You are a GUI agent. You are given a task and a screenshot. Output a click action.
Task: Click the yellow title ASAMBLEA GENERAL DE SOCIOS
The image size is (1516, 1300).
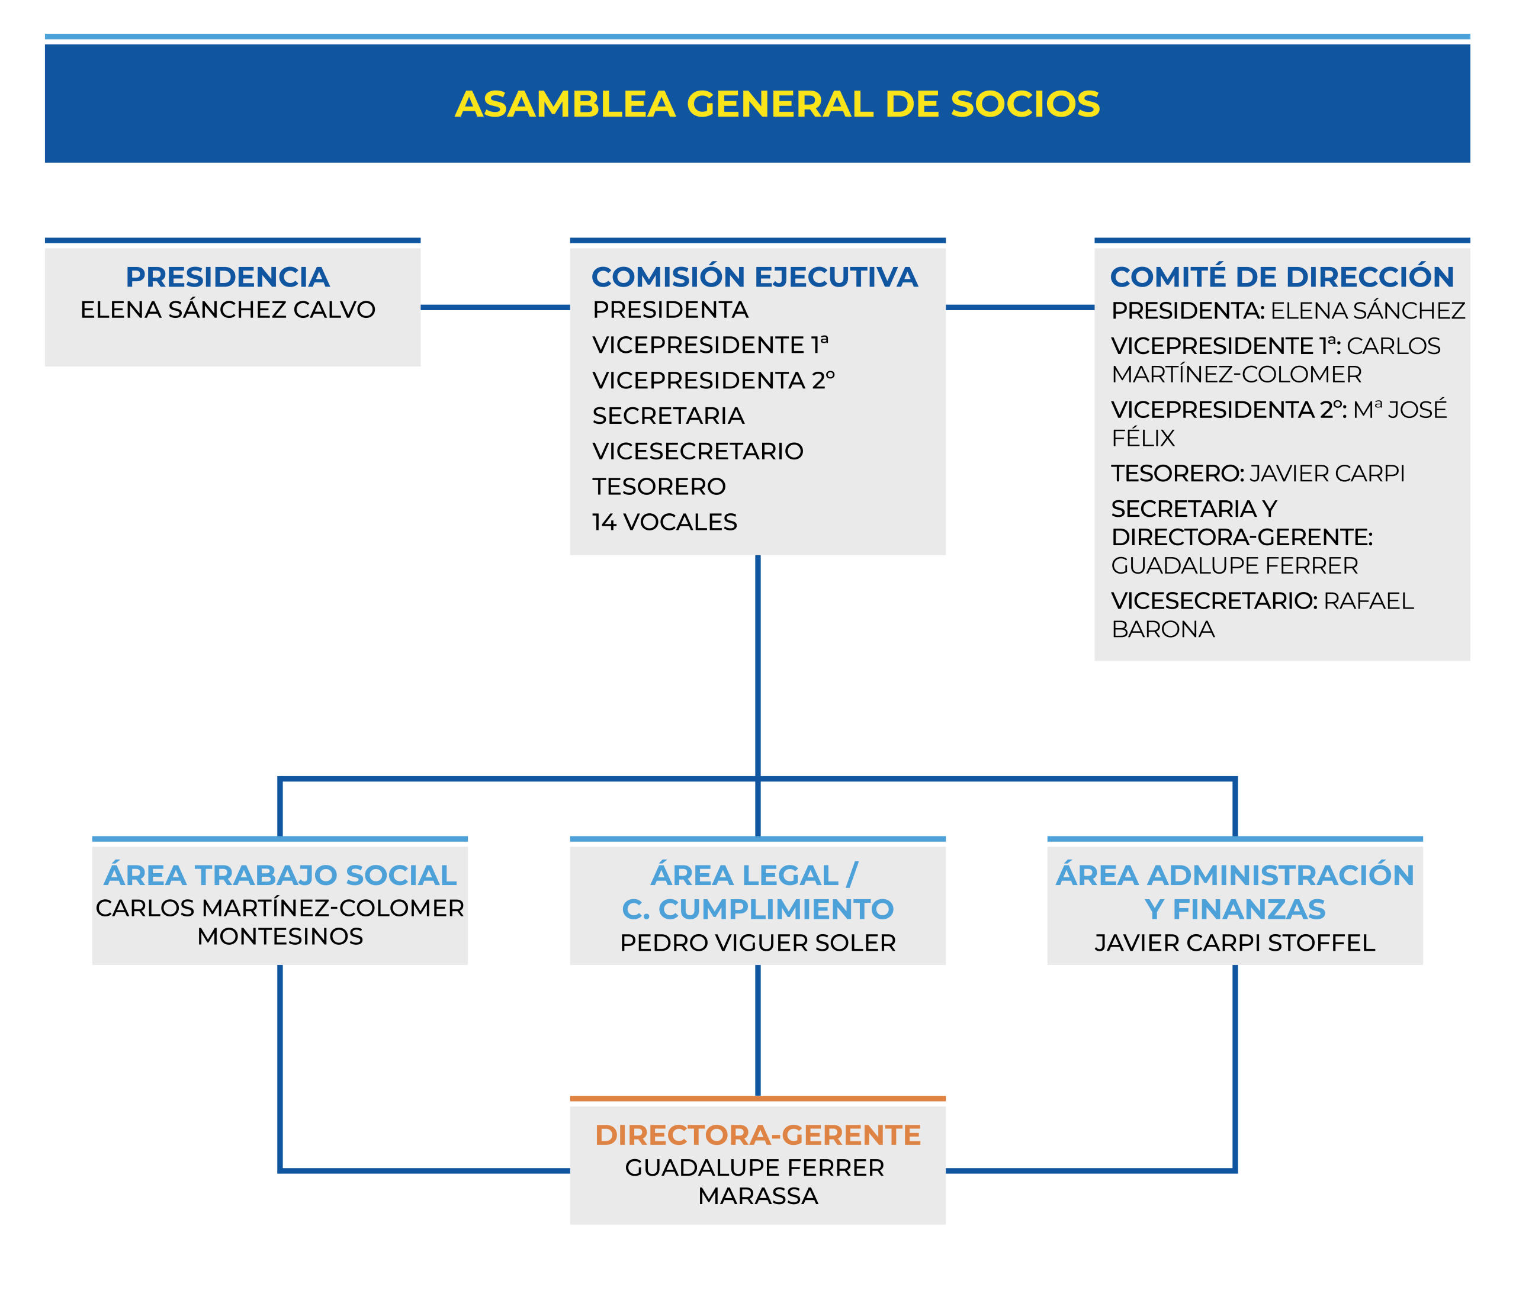click(777, 104)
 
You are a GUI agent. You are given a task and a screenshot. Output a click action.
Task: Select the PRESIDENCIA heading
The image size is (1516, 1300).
click(227, 277)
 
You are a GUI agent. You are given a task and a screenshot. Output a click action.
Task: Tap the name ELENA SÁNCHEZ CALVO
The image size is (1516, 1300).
click(227, 310)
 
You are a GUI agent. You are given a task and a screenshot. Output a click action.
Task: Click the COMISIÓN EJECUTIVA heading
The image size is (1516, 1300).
click(754, 277)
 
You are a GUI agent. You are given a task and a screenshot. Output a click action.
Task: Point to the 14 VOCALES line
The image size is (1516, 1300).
click(664, 522)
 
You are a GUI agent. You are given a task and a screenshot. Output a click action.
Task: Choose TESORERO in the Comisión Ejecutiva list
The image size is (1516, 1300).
click(659, 487)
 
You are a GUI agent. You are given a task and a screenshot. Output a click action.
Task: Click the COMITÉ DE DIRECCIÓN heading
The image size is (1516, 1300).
click(1282, 276)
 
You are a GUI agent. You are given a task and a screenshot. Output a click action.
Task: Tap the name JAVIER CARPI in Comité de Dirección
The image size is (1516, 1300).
click(1327, 474)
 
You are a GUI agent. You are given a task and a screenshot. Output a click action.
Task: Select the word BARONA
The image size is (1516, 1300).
click(1162, 629)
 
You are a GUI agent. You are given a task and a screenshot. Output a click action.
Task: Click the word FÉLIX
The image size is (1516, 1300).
click(1143, 437)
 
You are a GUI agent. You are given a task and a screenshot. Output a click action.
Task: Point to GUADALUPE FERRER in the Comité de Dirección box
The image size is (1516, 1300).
click(1234, 565)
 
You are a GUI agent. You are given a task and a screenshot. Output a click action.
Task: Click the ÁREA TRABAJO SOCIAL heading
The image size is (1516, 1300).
click(280, 875)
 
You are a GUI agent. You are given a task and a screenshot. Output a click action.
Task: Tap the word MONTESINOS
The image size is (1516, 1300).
click(280, 937)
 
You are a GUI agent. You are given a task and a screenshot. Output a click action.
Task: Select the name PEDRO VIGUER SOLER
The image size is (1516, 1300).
click(758, 943)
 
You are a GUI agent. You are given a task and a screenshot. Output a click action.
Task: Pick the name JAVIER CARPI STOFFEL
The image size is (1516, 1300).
click(1235, 943)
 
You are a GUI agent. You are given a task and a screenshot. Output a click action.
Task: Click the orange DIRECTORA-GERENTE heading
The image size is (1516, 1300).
click(758, 1135)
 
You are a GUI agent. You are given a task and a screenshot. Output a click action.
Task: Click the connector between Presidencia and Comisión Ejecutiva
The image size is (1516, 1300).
click(495, 307)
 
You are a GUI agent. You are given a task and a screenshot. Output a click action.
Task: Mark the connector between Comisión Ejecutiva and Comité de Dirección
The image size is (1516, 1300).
click(1020, 307)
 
